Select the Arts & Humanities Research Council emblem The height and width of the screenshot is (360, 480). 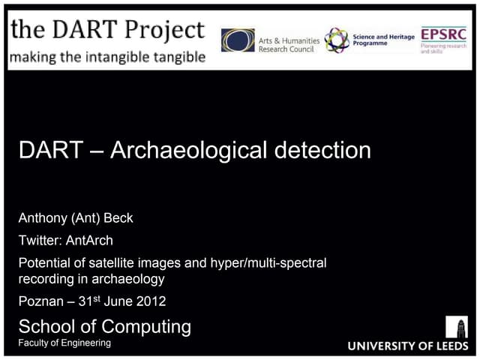(238, 40)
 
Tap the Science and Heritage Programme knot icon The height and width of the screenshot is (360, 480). (336, 40)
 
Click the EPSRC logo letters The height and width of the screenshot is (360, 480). (443, 34)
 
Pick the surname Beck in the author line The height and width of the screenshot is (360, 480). (118, 218)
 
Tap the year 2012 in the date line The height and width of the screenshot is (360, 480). (149, 302)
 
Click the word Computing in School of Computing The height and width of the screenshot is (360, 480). (146, 326)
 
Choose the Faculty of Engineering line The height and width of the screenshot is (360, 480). (64, 343)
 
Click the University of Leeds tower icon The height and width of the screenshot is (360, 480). (456, 327)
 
